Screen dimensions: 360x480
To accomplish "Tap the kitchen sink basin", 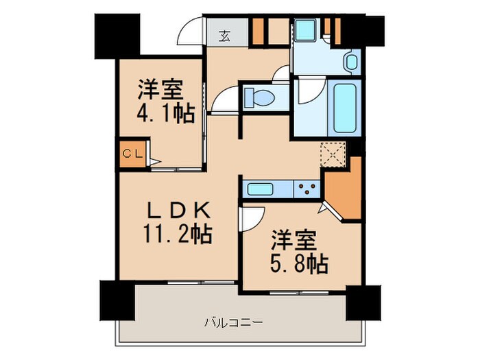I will click(x=269, y=188).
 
